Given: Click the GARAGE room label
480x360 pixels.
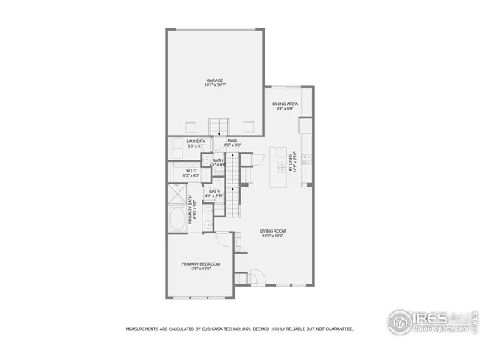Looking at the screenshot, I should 215,80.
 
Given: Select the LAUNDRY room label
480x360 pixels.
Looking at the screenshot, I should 196,140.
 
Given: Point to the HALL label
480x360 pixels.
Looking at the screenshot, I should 232,140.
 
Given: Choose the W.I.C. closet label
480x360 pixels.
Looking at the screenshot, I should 191,170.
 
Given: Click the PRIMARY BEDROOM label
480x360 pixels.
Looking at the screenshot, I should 200,263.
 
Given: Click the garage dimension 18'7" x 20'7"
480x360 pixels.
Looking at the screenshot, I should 215,85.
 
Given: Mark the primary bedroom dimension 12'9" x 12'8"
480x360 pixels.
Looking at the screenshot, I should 200,268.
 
